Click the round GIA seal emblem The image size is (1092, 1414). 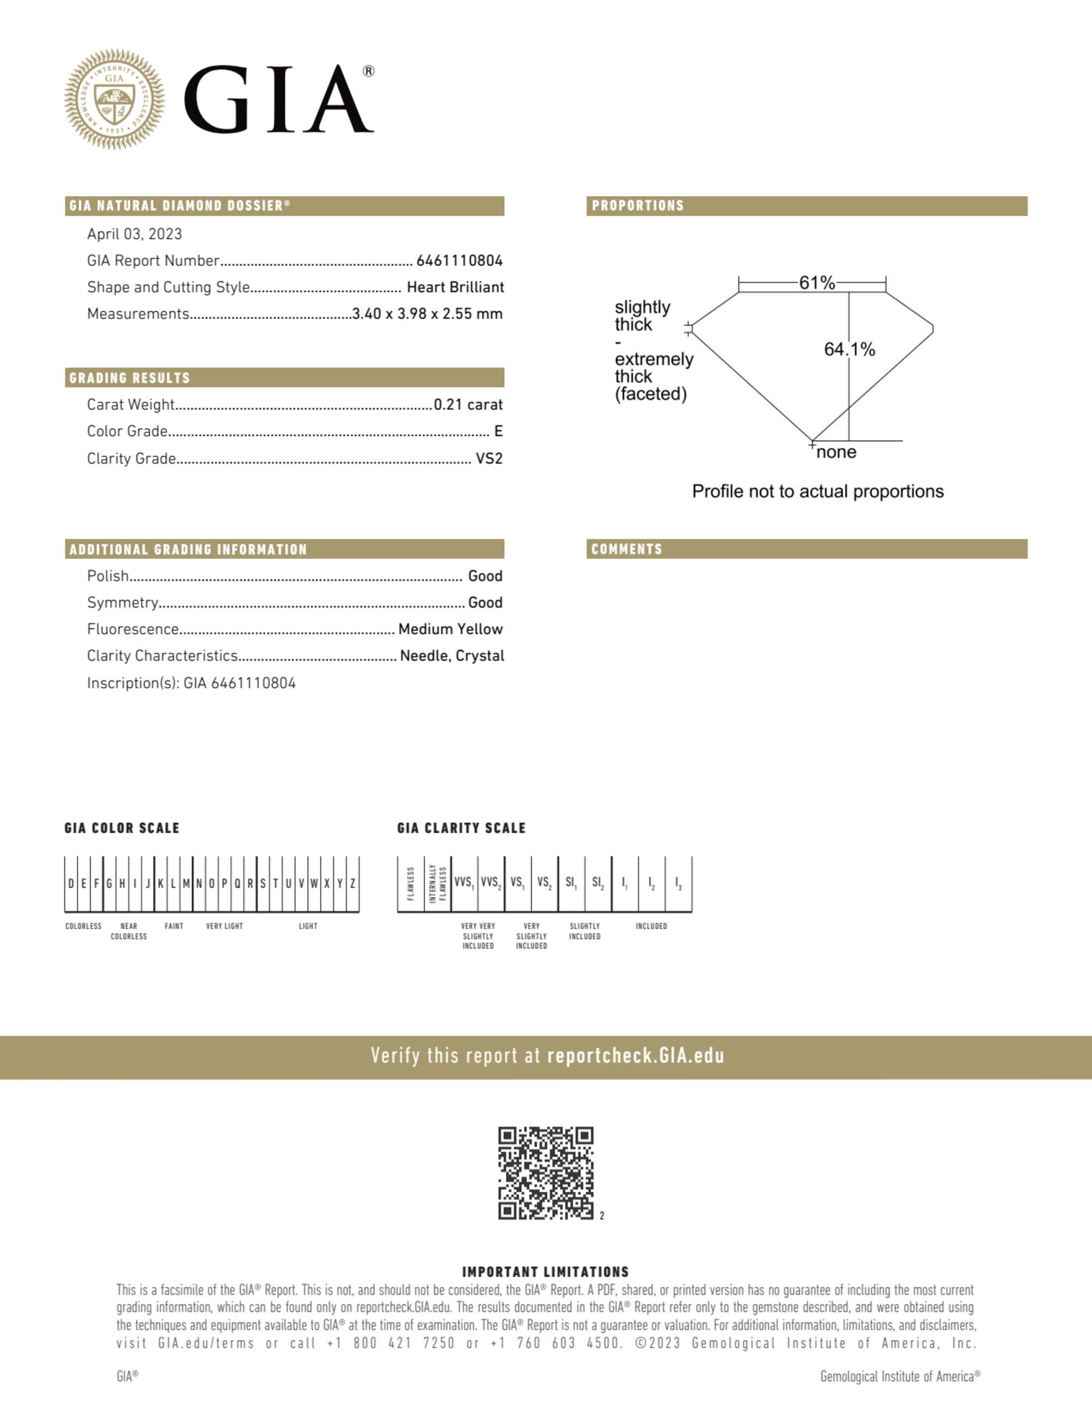click(115, 99)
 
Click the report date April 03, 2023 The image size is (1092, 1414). click(135, 234)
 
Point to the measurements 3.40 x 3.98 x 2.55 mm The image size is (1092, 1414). click(427, 314)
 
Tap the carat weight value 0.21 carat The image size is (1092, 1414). click(468, 405)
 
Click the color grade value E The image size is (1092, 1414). click(498, 431)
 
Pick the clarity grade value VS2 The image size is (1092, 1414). click(489, 459)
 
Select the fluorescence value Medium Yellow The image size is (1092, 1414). click(451, 629)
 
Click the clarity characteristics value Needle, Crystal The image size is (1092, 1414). click(452, 656)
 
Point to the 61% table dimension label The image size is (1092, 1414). click(817, 283)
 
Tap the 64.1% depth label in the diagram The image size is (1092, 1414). click(849, 349)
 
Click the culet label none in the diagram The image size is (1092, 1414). click(836, 452)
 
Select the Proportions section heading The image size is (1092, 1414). click(637, 206)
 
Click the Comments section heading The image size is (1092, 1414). click(626, 549)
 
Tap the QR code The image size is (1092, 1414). click(546, 1173)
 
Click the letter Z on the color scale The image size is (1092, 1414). click(353, 884)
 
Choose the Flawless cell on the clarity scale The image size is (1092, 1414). click(411, 884)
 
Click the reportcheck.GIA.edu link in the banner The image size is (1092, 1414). click(636, 1056)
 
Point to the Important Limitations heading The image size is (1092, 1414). click(546, 1272)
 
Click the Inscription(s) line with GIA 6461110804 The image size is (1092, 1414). click(191, 683)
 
